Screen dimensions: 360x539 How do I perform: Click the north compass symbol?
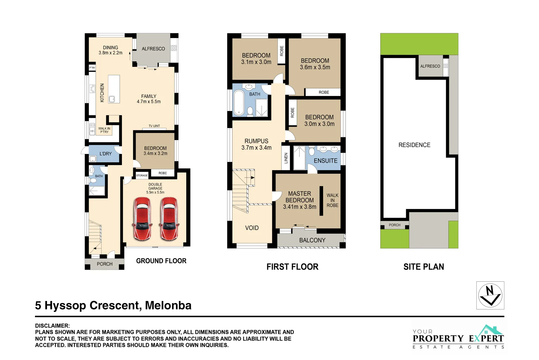(x=490, y=295)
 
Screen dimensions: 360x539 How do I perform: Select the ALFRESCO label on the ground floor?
(x=153, y=49)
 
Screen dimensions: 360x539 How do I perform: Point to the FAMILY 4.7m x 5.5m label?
(x=149, y=99)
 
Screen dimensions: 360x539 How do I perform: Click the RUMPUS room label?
(x=256, y=144)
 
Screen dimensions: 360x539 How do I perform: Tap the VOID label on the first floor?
(x=252, y=228)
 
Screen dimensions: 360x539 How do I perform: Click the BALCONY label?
(x=312, y=240)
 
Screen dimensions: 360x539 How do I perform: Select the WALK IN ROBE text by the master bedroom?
(x=332, y=200)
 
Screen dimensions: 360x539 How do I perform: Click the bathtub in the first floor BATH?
(x=239, y=102)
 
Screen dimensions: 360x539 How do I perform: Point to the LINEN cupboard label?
(x=286, y=158)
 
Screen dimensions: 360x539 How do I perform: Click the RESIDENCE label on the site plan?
(x=414, y=145)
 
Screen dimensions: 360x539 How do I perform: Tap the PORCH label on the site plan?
(x=394, y=225)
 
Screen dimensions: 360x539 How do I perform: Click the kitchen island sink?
(x=112, y=99)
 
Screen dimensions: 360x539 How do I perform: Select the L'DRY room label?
(x=106, y=154)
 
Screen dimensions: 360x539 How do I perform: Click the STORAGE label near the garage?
(x=142, y=175)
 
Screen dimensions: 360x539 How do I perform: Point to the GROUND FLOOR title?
(x=161, y=261)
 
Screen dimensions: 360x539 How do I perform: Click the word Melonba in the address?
(x=168, y=305)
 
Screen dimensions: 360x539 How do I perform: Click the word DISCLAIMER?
(x=52, y=326)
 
